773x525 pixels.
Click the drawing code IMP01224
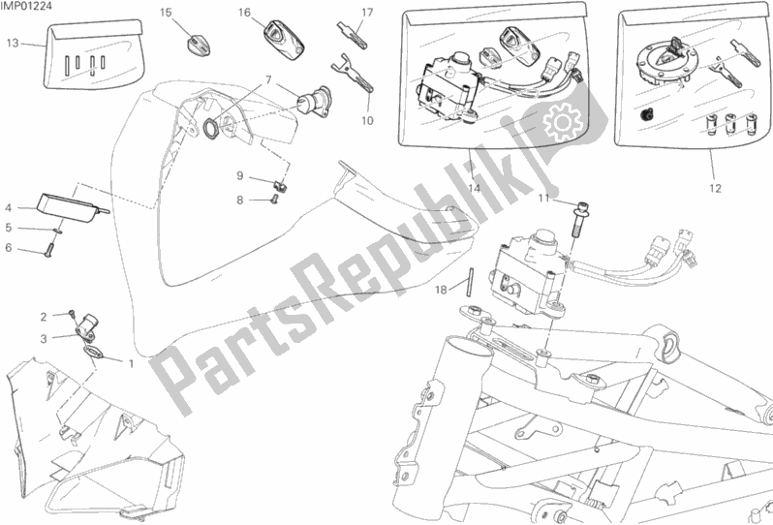click(x=25, y=6)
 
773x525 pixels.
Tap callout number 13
click(x=13, y=44)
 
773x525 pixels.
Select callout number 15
click(x=166, y=12)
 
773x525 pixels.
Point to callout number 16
click(x=244, y=12)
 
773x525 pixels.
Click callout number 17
click(x=367, y=13)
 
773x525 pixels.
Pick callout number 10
click(x=367, y=120)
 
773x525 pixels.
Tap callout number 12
click(x=715, y=188)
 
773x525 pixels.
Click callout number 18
click(x=441, y=290)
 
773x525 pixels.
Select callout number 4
click(x=9, y=207)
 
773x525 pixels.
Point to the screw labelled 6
click(x=48, y=252)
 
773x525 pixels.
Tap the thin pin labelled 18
click(x=471, y=282)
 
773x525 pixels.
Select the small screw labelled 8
click(x=275, y=200)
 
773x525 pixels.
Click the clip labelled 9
click(x=282, y=185)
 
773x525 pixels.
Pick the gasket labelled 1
click(x=93, y=351)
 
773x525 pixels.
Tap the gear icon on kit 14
click(x=563, y=121)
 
